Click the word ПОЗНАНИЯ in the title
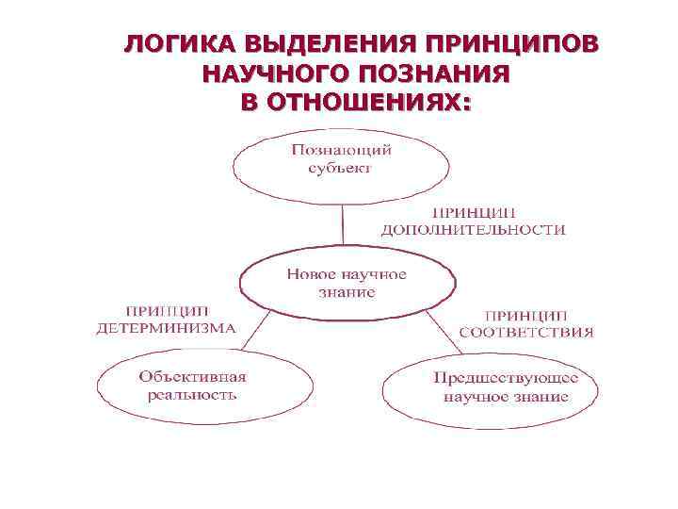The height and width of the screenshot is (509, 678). (437, 74)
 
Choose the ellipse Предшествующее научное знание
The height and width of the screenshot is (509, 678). (490, 388)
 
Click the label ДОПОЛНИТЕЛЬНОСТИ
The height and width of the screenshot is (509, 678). (473, 229)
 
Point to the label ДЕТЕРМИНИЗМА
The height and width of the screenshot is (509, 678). (167, 329)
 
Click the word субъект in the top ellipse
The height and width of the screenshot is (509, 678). (340, 169)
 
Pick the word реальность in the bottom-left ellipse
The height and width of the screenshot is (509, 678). (191, 394)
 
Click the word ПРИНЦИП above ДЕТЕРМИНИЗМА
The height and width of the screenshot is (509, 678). (168, 312)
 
